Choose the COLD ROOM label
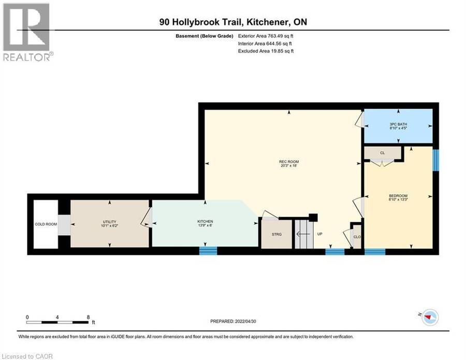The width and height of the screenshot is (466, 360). pyautogui.click(x=46, y=224)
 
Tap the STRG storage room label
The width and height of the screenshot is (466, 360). pyautogui.click(x=276, y=234)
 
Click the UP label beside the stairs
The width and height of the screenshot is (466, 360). pyautogui.click(x=320, y=234)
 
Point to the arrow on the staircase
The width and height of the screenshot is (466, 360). pyautogui.click(x=303, y=234)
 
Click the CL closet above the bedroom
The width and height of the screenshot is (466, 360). pyautogui.click(x=382, y=153)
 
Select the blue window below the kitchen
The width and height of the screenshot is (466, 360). pyautogui.click(x=208, y=251)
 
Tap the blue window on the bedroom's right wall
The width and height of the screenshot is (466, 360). pyautogui.click(x=435, y=160)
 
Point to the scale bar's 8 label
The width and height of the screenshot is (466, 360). pyautogui.click(x=88, y=317)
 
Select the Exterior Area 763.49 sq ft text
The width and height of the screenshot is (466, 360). pyautogui.click(x=266, y=36)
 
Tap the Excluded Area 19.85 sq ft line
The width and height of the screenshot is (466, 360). pyautogui.click(x=266, y=51)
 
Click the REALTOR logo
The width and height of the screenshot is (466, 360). pyautogui.click(x=27, y=32)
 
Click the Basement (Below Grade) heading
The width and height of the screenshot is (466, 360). pyautogui.click(x=205, y=36)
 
